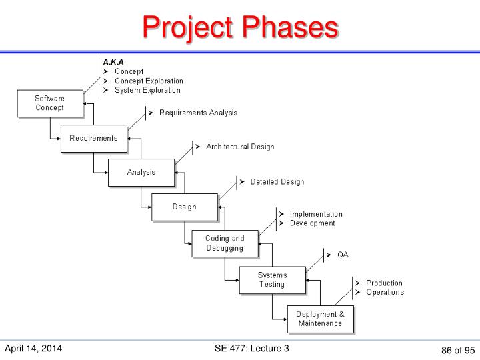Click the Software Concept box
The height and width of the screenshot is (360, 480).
(50, 103)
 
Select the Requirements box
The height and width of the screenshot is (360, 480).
(93, 139)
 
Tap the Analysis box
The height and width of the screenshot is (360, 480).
(141, 172)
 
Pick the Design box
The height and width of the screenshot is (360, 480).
(184, 207)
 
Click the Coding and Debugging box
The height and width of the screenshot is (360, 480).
(225, 243)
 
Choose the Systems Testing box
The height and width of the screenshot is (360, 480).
(272, 279)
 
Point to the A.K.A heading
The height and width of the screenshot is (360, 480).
(113, 61)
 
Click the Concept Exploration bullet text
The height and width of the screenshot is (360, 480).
(148, 81)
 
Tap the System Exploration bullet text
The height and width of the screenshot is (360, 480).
(147, 90)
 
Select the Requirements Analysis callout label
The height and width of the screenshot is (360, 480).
(197, 113)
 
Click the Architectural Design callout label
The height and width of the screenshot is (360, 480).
(239, 147)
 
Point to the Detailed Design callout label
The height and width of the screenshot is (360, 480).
(277, 181)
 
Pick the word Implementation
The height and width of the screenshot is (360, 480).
(316, 214)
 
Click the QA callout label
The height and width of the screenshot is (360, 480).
(342, 255)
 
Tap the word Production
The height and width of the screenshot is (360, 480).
(384, 283)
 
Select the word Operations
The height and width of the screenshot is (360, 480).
(385, 292)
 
